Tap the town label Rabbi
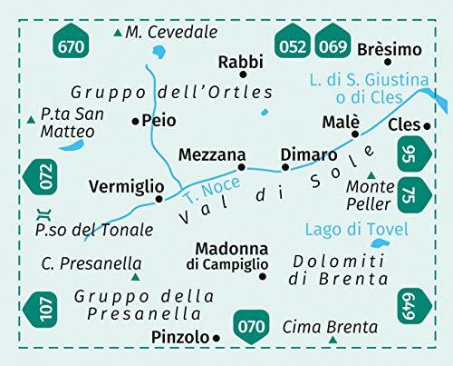pyautogui.click(x=240, y=62)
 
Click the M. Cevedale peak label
pyautogui.click(x=172, y=33)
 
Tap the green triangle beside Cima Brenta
pyautogui.click(x=333, y=340)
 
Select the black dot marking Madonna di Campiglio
pyautogui.click(x=263, y=276)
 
